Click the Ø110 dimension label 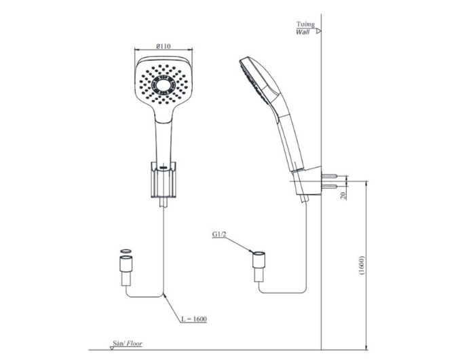[164, 46]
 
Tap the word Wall [303, 32]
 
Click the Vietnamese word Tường [305, 24]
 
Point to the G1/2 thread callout [219, 234]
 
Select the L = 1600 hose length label [194, 319]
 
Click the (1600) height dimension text [362, 266]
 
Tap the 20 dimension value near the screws [343, 196]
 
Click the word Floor [134, 343]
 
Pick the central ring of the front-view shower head [164, 84]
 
